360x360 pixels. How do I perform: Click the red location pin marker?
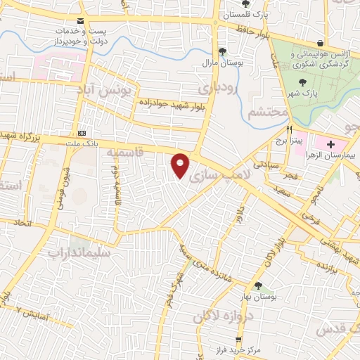tap(181, 165)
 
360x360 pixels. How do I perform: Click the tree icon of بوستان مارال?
tap(223, 51)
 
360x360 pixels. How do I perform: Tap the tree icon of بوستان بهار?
tap(258, 285)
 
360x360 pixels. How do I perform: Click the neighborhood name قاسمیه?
tap(131, 151)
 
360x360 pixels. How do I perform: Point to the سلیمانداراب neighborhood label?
tap(77, 250)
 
